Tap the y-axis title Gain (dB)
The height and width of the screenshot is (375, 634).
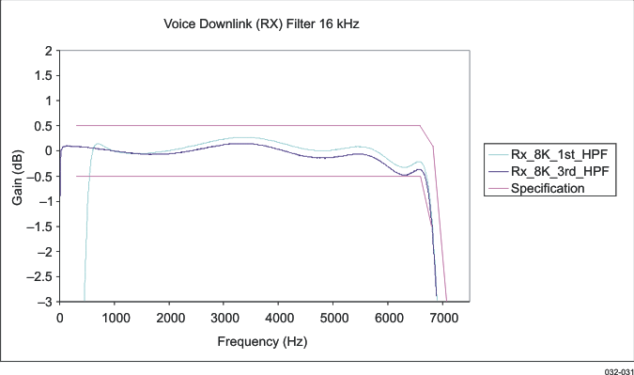[x=17, y=175]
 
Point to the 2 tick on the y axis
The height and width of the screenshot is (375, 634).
[x=45, y=50]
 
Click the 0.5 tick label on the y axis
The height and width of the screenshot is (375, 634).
[x=40, y=126]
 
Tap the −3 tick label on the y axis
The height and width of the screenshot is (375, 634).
[x=43, y=302]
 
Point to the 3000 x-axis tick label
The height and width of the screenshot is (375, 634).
[x=224, y=319]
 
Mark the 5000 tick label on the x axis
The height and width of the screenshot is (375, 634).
[x=333, y=319]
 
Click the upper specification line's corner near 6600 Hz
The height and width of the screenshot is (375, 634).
[x=420, y=126]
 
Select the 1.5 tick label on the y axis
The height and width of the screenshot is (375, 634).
[x=40, y=75]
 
